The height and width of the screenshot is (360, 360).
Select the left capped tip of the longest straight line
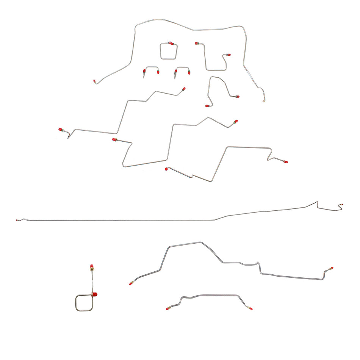17,220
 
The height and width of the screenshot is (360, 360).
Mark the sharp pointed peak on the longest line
318,202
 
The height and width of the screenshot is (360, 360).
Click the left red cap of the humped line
131,283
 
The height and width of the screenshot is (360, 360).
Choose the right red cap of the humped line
332,268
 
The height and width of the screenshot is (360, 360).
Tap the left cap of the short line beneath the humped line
167,308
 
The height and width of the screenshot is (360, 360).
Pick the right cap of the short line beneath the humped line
251,308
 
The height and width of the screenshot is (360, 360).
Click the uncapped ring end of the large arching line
264,101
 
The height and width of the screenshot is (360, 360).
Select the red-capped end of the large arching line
94,81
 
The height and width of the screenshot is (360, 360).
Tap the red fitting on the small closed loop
170,43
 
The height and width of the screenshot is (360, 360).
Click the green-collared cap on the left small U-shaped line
144,71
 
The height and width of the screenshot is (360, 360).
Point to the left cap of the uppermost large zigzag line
61,130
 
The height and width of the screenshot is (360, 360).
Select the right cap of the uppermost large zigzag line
184,89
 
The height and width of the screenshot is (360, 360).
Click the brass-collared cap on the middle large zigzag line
114,140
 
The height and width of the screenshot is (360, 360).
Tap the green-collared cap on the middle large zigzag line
236,122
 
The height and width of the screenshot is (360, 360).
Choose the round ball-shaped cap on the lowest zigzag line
166,169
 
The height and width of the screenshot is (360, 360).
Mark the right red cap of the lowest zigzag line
285,162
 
